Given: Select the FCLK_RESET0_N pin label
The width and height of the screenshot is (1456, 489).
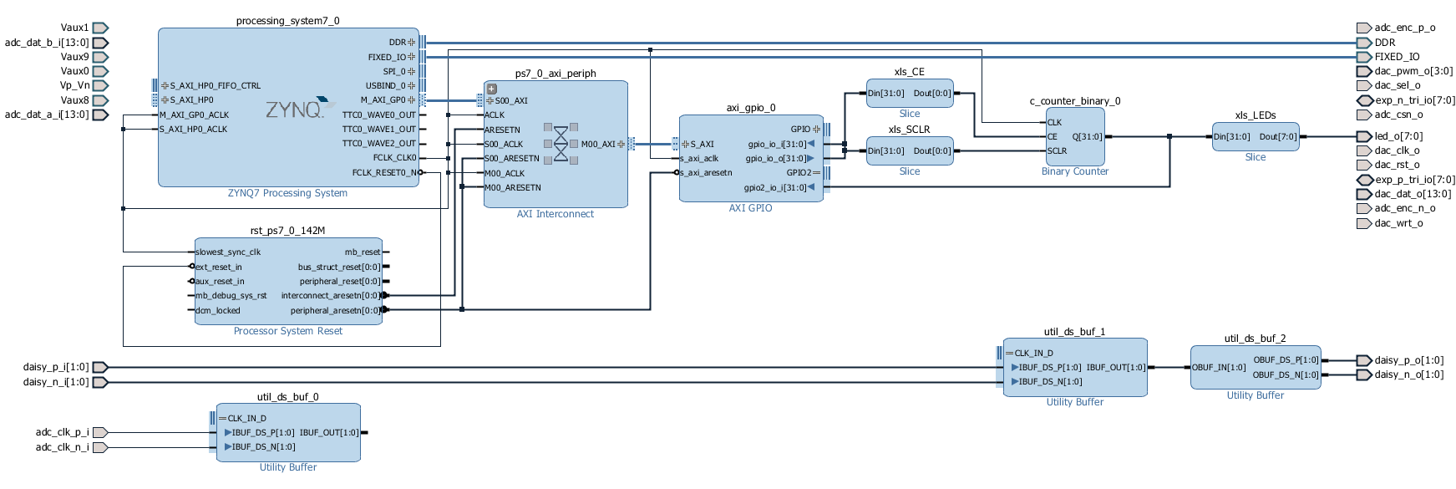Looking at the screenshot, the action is pos(384,172).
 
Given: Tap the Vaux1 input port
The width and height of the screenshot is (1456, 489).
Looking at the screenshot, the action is pos(100,28).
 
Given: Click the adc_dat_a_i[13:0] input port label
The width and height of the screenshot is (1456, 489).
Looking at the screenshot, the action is pos(47,115).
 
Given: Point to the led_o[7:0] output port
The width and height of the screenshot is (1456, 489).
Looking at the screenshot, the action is pos(1363,136).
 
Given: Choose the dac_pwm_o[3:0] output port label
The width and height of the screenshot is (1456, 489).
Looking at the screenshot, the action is pos(1413,71).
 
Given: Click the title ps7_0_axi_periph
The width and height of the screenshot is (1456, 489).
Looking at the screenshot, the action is pos(556,74).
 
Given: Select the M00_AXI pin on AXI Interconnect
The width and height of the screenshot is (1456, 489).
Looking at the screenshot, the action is pos(598,144).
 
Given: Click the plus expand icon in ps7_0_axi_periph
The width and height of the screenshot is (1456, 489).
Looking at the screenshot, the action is pos(492,89).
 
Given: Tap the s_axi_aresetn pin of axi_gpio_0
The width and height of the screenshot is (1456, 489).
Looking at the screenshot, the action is pos(706,173).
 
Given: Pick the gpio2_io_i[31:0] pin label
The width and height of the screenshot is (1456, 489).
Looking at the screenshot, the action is pos(775,187).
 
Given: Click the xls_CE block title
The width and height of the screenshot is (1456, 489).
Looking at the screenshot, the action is pos(909,72).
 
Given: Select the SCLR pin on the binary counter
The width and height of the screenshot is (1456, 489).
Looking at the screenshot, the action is pos(1057,151).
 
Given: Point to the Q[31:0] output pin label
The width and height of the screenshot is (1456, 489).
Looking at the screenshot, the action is pos(1087,136).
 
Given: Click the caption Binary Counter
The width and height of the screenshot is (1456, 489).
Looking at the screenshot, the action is pos(1075,171).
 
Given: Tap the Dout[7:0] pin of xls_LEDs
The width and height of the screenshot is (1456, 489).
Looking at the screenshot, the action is pos(1278,136).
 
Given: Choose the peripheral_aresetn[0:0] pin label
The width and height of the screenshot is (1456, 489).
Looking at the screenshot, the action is pos(335,310).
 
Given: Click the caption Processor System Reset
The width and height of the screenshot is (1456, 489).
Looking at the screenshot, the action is pos(288,331).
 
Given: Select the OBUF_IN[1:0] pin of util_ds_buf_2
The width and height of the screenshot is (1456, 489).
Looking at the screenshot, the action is pos(1219,367).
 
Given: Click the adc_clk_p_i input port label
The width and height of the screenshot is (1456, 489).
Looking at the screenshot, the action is pos(62,432).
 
